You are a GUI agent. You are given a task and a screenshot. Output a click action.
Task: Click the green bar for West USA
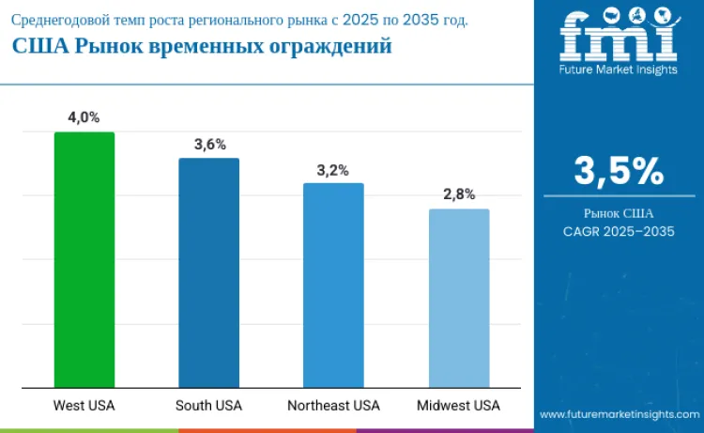pyautogui.click(x=84, y=259)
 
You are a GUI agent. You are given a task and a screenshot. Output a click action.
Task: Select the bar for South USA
pyautogui.click(x=209, y=272)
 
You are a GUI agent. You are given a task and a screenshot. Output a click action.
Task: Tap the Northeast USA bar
pyautogui.click(x=333, y=285)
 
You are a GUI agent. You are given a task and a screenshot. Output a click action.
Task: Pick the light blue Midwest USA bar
pyautogui.click(x=459, y=298)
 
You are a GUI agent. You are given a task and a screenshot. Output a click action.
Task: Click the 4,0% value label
pyautogui.click(x=84, y=117)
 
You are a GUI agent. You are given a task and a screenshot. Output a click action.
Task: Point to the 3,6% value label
pyautogui.click(x=209, y=144)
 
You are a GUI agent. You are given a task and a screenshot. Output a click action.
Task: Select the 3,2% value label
pyautogui.click(x=333, y=170)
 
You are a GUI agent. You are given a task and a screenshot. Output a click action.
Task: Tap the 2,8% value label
pyautogui.click(x=459, y=195)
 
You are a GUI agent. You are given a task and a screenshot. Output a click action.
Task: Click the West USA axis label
pyautogui.click(x=84, y=406)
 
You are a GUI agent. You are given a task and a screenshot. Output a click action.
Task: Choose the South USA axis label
pyautogui.click(x=208, y=406)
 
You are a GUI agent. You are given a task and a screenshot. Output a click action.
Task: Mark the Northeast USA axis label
pyautogui.click(x=333, y=406)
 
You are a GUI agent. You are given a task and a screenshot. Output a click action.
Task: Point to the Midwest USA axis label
pyautogui.click(x=458, y=406)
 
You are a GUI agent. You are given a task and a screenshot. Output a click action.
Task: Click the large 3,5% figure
pyautogui.click(x=619, y=171)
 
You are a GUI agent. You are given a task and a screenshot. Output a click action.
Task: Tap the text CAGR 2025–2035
pyautogui.click(x=619, y=231)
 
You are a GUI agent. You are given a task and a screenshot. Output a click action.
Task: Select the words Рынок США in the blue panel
pyautogui.click(x=619, y=213)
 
